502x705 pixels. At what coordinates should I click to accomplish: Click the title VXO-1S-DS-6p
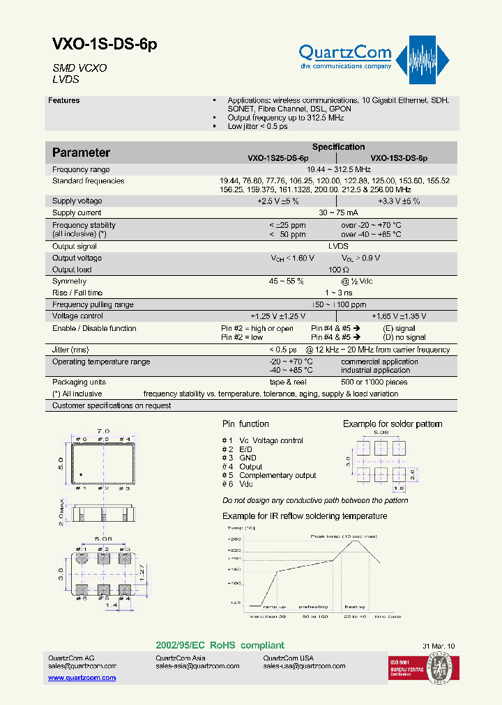tap(105, 45)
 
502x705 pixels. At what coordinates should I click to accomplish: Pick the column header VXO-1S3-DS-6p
tap(399, 158)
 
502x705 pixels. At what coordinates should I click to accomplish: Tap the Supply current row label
tap(77, 212)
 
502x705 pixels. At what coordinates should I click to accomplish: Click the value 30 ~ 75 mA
tap(338, 212)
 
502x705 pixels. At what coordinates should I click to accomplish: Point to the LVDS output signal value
tap(338, 246)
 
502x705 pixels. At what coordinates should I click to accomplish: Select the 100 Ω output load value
tap(338, 270)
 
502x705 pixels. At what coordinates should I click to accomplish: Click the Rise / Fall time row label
tap(77, 293)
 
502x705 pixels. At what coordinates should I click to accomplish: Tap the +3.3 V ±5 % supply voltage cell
tap(399, 201)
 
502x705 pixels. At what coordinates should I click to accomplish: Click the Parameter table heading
tap(81, 153)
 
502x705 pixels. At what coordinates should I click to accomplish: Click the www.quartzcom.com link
tap(82, 677)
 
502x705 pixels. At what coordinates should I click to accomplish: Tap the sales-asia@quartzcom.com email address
tap(197, 666)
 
